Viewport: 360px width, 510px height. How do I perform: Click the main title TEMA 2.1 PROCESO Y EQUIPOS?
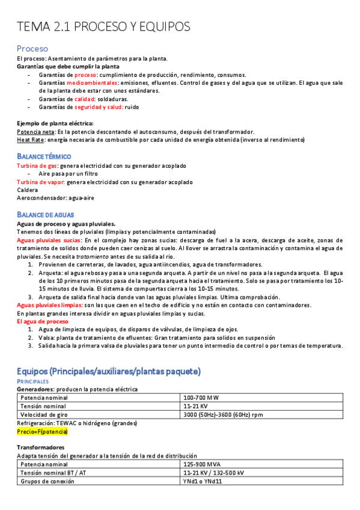103,26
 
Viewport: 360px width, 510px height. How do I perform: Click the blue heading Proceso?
32,48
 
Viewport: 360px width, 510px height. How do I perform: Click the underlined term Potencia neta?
35,131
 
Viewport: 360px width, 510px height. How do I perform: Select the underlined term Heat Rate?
29,140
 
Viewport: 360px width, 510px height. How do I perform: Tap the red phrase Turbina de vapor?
40,182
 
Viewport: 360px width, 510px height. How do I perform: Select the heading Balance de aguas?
45,215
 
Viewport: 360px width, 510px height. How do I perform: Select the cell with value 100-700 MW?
201,398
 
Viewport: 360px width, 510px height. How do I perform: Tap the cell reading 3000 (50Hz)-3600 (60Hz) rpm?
223,414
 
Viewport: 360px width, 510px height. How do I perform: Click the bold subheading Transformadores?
40,447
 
